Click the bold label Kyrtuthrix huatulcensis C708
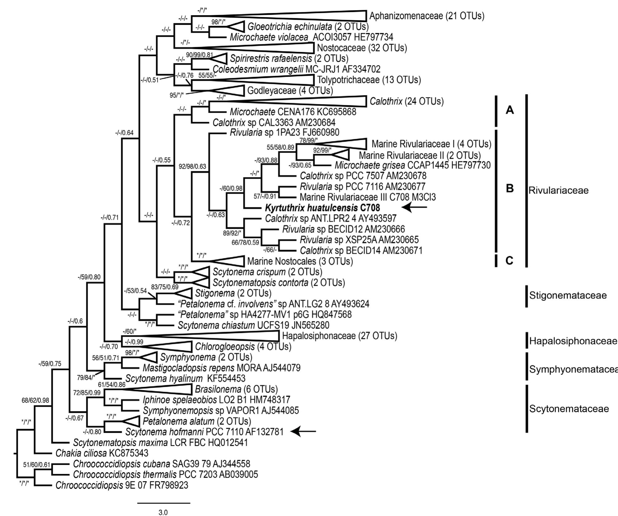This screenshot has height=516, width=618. [x=322, y=207]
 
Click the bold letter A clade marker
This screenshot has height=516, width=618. [x=509, y=110]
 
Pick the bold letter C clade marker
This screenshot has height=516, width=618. [x=509, y=260]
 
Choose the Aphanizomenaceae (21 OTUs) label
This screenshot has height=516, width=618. [x=427, y=16]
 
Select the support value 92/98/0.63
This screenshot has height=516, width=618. [x=192, y=167]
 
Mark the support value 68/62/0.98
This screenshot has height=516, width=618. [x=35, y=400]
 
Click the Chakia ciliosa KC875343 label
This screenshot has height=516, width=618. [x=102, y=453]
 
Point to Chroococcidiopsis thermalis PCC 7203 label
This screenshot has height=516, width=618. [x=165, y=474]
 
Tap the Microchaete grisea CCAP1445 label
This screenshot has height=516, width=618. [x=412, y=165]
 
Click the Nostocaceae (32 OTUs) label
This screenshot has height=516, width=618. [x=362, y=48]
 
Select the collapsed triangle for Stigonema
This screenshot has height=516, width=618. [x=185, y=293]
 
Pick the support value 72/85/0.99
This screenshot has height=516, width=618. [x=87, y=393]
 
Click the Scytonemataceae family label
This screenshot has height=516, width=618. [x=569, y=408]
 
